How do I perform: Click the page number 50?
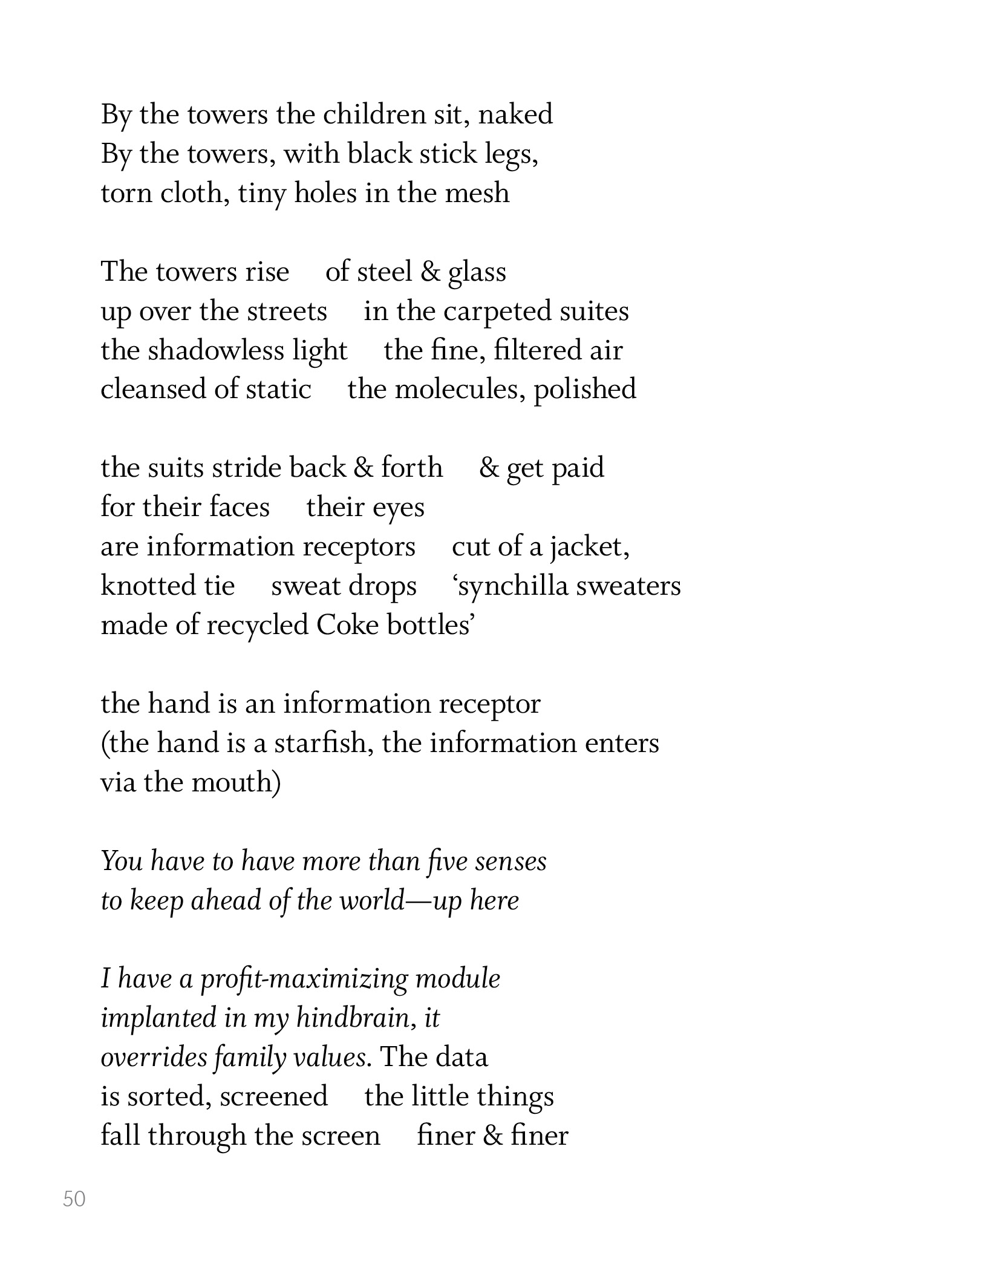pos(74,1199)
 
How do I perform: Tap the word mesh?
pos(477,194)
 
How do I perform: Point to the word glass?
pos(477,272)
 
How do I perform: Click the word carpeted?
pos(497,312)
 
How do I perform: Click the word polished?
pos(585,389)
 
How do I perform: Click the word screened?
pos(273,1097)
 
